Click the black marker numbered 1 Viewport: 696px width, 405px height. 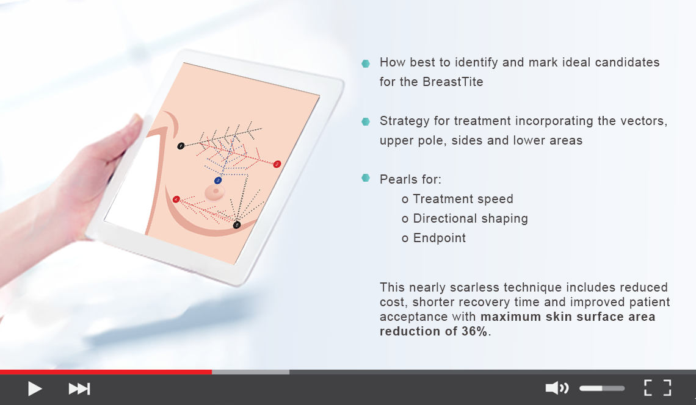[181, 146]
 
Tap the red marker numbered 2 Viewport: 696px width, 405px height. [277, 164]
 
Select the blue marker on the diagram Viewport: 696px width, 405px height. [218, 181]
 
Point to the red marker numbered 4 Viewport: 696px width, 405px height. [176, 199]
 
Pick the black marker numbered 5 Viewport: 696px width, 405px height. [237, 225]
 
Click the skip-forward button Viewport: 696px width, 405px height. [79, 389]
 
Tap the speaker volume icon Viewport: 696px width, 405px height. [557, 388]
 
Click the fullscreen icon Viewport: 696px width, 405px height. [658, 388]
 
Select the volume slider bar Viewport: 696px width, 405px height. [602, 389]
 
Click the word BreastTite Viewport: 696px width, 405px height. [453, 82]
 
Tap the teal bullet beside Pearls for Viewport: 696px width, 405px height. [366, 178]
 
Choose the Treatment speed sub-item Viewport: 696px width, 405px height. [463, 199]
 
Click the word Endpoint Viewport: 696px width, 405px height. [440, 238]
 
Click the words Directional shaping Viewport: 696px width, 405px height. [471, 219]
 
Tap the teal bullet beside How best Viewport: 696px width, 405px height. [366, 63]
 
